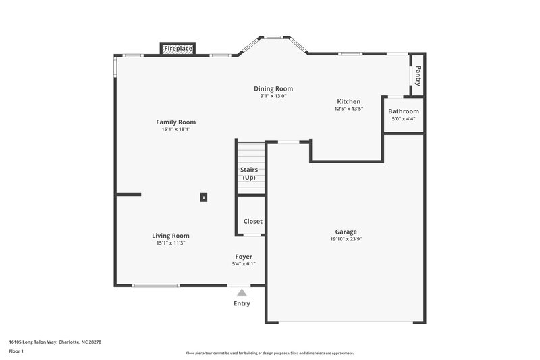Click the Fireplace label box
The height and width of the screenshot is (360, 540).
point(178,49)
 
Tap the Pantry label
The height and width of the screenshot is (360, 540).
point(418,75)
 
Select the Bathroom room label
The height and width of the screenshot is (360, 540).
point(403,111)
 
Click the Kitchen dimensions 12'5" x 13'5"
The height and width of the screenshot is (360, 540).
point(349,109)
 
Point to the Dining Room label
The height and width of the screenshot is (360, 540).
point(273,88)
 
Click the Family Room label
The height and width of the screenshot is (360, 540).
point(176,122)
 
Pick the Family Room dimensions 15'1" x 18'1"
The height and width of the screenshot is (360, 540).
point(176,130)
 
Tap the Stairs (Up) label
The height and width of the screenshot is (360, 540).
point(249,174)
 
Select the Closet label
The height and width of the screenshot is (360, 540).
point(253,221)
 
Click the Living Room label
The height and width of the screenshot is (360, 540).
point(171,236)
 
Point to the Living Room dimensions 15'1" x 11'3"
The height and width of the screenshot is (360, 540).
point(171,243)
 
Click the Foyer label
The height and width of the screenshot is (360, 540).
point(244,257)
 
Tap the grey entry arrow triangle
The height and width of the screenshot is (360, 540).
point(242,292)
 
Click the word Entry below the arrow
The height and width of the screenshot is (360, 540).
point(242,304)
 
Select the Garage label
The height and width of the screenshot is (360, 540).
point(346,232)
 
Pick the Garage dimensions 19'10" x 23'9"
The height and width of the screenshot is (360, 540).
point(346,239)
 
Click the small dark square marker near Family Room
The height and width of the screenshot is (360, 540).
point(203,197)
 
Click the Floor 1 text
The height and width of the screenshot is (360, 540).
point(16,352)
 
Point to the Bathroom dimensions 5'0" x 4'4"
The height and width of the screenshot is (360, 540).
point(403,119)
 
